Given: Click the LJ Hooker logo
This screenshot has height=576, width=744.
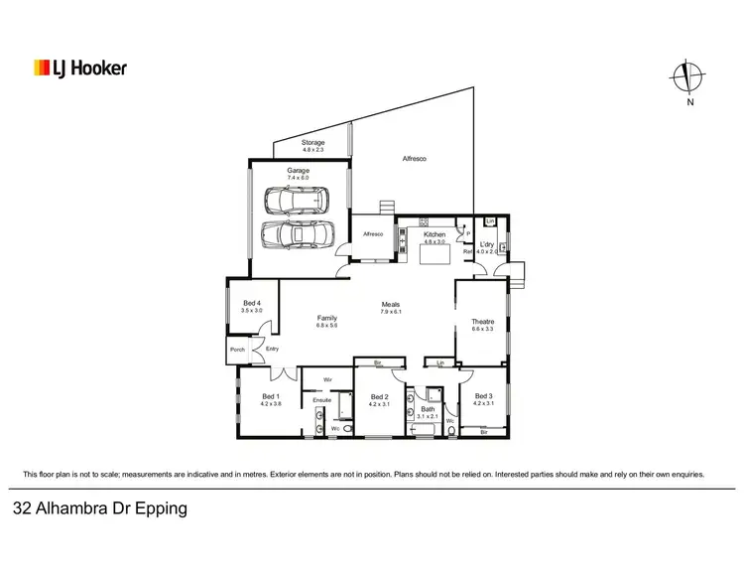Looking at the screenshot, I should click(x=79, y=69).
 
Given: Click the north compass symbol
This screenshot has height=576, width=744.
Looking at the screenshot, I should click(x=685, y=77).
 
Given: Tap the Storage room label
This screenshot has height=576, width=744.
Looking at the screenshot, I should click(x=312, y=143).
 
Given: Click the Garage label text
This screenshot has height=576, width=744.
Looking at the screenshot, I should click(x=299, y=171).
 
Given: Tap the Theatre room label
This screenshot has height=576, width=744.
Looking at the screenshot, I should click(x=482, y=321).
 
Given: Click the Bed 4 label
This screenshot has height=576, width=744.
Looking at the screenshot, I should click(x=251, y=303).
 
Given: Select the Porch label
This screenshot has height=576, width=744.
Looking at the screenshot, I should click(x=237, y=349).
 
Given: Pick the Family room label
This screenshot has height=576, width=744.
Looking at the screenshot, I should click(x=326, y=318).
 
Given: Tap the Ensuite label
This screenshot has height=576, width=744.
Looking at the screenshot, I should click(x=321, y=400).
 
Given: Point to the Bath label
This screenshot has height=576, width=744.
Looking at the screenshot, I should click(x=427, y=408).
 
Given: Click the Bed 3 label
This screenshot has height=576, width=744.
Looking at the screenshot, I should click(x=483, y=396).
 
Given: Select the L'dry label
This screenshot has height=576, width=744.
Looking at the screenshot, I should click(x=487, y=244).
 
